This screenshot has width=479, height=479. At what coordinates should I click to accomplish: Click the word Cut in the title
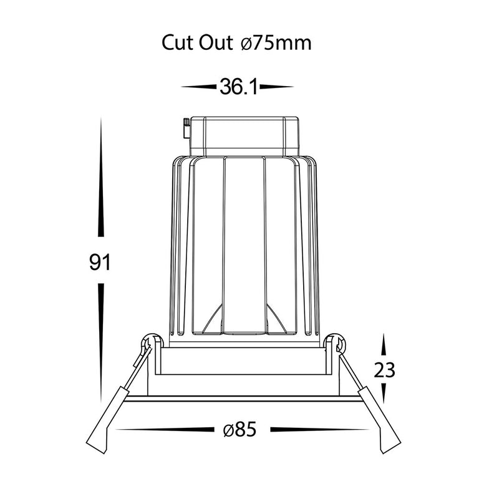pos(177,43)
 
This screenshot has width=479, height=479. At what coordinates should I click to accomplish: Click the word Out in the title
pos(216,43)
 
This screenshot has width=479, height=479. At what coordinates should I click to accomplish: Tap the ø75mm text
pos(276,43)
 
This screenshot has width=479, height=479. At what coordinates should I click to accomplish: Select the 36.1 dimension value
pos(239,87)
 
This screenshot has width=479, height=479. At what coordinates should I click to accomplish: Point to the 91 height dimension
pos(100,262)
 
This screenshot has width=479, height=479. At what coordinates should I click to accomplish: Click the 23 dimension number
pos(385,370)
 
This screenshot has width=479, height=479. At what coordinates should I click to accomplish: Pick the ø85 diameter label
pos(239,430)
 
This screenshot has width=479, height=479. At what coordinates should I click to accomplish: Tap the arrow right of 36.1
pos(277,87)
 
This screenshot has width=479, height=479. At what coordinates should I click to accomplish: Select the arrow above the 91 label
pos(100,178)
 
